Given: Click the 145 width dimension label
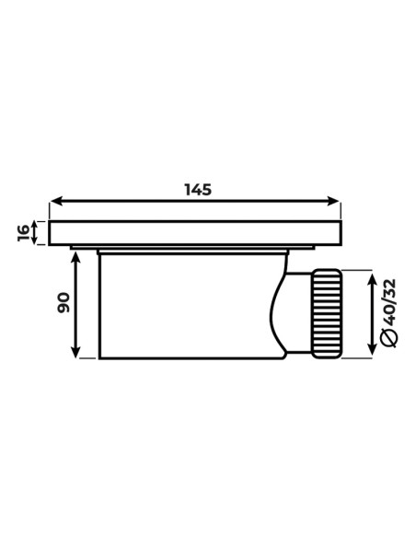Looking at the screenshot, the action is pos(198,190).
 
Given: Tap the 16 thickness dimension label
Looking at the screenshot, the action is pos(24,233).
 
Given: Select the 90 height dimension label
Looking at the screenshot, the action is pos(64,302).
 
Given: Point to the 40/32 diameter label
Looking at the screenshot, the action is pos(389,302).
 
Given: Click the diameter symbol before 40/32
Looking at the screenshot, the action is pos(389,338).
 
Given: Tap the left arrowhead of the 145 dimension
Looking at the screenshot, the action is pos(56,201).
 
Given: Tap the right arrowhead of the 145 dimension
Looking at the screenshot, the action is pos(333,201).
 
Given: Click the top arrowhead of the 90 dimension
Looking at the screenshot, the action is pos(75,257).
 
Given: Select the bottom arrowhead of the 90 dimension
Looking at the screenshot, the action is pos(75,352).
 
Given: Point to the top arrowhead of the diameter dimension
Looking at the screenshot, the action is pos(372,277).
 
